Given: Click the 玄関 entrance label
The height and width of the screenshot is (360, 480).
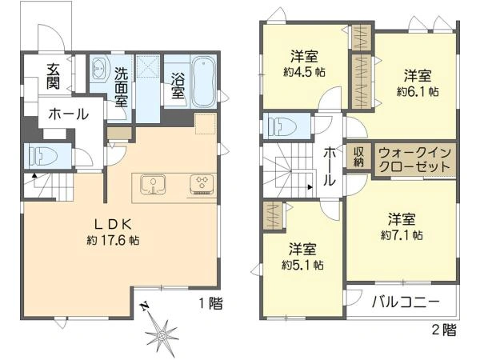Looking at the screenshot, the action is click(x=53, y=77).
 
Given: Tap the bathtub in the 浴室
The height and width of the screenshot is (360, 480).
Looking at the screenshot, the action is click(x=203, y=82).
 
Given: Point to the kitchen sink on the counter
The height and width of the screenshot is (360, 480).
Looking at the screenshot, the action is click(x=153, y=185).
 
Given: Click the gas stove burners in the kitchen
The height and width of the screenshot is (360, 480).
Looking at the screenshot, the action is click(x=202, y=184).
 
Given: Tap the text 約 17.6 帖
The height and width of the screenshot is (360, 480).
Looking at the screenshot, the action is click(x=114, y=240).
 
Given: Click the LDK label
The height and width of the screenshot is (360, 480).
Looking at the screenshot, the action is click(x=114, y=225).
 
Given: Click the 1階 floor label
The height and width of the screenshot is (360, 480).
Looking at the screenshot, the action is click(x=211, y=303).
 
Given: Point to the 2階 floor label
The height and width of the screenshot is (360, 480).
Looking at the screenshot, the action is click(x=444, y=330).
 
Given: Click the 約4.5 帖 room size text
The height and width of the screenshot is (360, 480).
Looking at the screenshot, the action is click(x=304, y=72).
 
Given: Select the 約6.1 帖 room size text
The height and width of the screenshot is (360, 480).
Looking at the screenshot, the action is click(x=418, y=91).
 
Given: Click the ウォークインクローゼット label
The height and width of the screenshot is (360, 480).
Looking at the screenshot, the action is click(x=415, y=159).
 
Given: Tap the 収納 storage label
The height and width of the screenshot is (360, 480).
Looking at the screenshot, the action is click(x=358, y=157).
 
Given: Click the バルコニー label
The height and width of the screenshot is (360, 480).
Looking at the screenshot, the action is click(x=406, y=302).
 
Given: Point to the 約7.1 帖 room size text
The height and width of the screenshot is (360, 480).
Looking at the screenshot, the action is click(x=402, y=235).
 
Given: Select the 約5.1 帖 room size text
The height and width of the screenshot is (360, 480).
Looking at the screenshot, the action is click(x=302, y=265).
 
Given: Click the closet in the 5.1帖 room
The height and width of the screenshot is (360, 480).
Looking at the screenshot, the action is click(x=273, y=215).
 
